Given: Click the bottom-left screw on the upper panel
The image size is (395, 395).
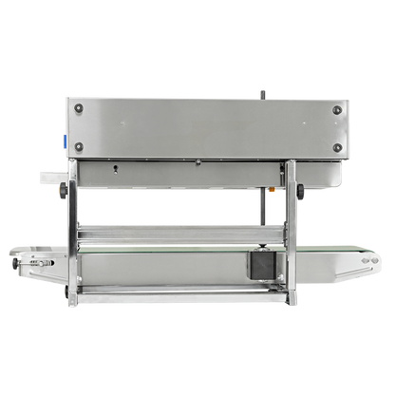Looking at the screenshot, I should point(79,145).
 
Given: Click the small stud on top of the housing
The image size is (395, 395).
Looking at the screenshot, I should point(262,93).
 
